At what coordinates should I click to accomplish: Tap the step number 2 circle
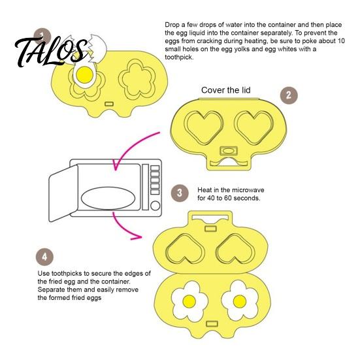pos(289,95)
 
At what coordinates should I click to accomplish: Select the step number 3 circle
pos(180,193)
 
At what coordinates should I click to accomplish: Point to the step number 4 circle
pos(44,257)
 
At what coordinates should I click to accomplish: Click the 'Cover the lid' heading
pos(225,90)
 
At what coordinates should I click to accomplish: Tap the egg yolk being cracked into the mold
pos(84,75)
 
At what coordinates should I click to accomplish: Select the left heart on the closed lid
pos(203,127)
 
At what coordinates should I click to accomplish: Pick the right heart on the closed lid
pos(254,127)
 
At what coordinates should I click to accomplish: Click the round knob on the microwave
pos(155,206)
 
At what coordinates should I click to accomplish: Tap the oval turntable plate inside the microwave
pos(108,198)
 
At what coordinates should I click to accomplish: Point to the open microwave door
pos(63,193)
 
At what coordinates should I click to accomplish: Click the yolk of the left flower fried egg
pos(189,301)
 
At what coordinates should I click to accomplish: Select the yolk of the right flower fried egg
pos(240,301)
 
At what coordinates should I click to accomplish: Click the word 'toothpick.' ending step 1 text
pos(179,57)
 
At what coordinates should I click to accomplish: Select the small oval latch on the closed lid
pos(229,151)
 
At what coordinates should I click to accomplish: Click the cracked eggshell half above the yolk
pos(97,48)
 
